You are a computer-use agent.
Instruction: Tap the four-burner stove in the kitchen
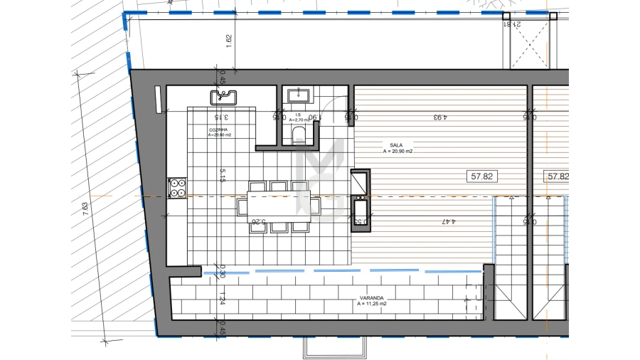[176, 187]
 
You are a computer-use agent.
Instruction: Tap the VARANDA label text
[372, 300]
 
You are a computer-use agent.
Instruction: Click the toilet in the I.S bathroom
[298, 135]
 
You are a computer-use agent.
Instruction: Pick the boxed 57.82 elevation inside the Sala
[481, 176]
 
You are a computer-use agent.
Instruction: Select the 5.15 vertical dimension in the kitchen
[223, 175]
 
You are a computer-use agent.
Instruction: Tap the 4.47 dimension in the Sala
[448, 221]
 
